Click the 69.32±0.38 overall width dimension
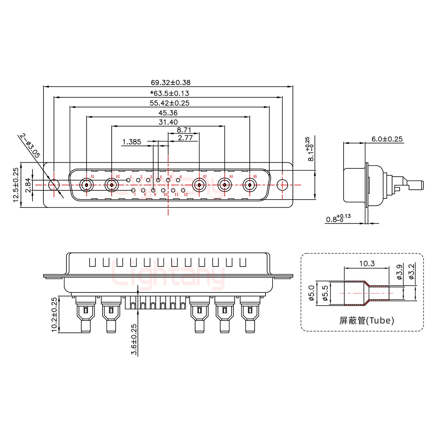pos(171,82)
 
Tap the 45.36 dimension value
pos(168,113)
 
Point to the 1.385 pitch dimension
pos(131,142)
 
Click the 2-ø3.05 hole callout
pos(30,145)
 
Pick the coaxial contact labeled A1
pos(86,185)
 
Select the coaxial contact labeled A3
pos(199,185)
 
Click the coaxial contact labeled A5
pos(249,185)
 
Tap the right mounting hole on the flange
pos(283,185)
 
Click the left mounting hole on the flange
pos(54,185)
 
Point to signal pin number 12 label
pos(186,195)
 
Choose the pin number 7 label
pos(135,194)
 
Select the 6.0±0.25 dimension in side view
pos(387,139)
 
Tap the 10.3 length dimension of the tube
pos(367,263)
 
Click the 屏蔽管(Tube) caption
pos(367,320)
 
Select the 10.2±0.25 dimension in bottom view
pos(54,315)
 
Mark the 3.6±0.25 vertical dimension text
pos(134,340)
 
